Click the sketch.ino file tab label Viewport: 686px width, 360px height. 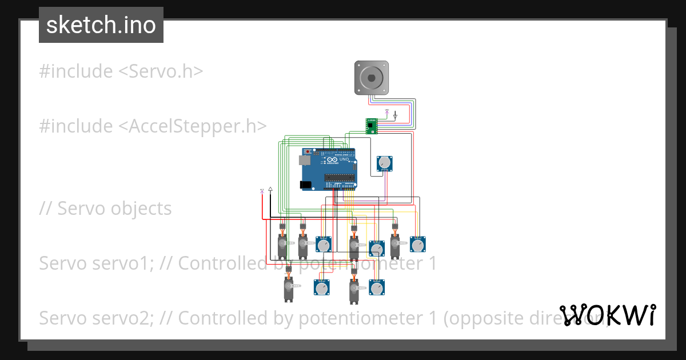(101, 25)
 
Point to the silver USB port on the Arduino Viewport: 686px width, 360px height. (306, 161)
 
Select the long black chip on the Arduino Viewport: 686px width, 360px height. (340, 178)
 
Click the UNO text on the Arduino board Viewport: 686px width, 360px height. (344, 159)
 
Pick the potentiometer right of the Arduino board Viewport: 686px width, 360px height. (385, 163)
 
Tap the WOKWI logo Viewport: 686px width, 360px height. (608, 315)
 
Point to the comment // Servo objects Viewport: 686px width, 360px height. (105, 209)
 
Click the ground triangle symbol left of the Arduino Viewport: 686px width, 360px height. (270, 189)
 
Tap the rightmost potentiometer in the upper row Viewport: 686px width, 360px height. (418, 245)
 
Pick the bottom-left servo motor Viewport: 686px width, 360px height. (289, 289)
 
